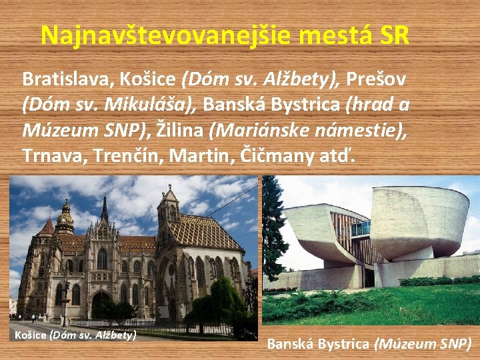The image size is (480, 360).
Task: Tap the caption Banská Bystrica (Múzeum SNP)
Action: click(369, 344)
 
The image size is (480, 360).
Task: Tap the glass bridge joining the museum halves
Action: click(361, 229)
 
